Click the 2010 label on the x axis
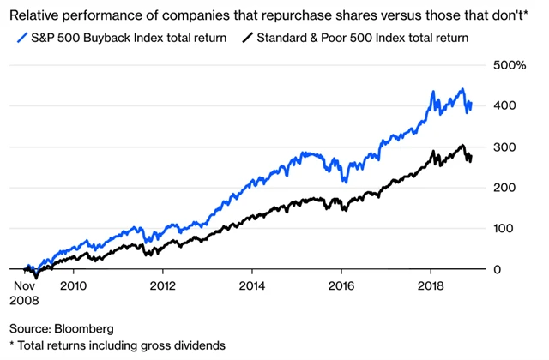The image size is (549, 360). click(72, 285)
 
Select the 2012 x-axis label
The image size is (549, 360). click(162, 285)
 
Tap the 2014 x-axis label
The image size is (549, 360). click(251, 285)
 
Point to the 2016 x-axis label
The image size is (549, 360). click(341, 285)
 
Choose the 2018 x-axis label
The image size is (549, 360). click(431, 285)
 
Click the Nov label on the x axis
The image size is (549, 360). click(24, 285)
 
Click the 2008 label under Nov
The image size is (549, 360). click(26, 301)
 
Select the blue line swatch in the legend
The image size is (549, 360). click(21, 37)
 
